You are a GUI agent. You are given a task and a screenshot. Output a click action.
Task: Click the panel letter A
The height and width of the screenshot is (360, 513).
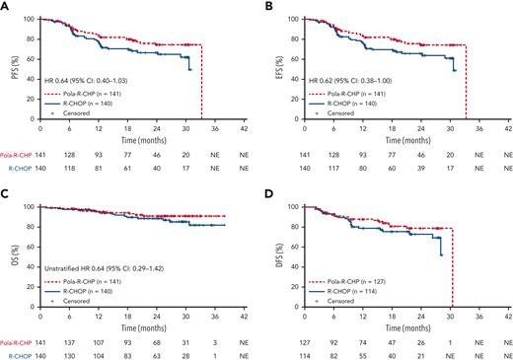5,6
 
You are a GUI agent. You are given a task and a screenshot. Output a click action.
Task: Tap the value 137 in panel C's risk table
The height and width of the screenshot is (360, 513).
71,340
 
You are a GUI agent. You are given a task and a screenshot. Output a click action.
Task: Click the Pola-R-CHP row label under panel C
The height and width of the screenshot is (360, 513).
17,340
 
